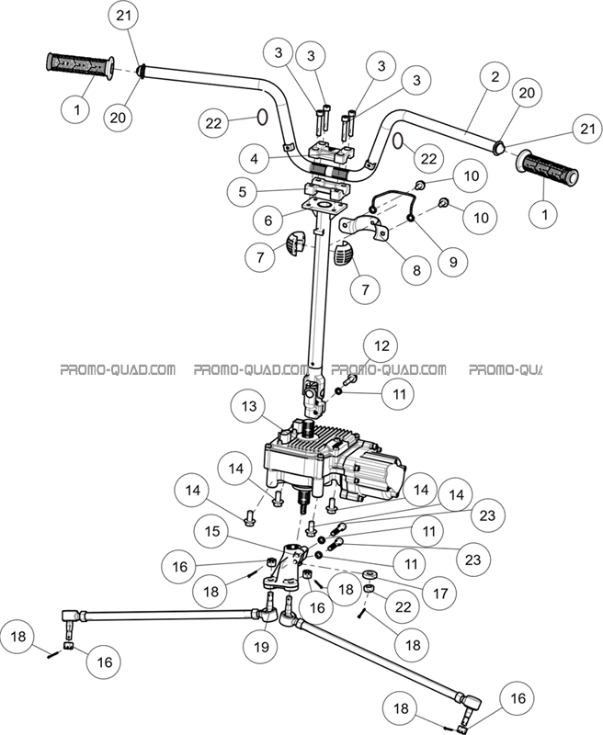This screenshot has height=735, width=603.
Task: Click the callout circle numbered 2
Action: point(495,78)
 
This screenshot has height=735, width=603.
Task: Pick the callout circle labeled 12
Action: point(380,346)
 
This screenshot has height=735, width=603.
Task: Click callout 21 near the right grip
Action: point(584,128)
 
